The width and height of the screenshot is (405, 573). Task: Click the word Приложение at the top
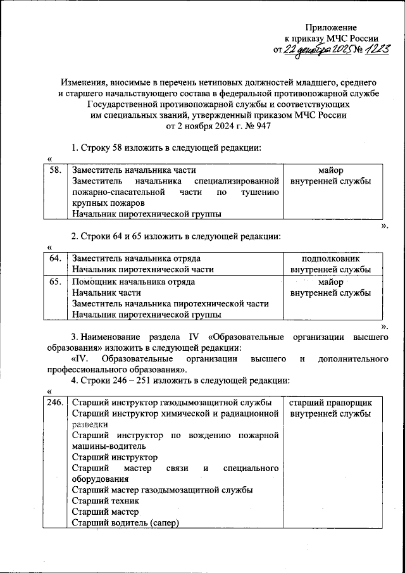coord(331,27)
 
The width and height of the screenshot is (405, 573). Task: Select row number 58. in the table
coord(56,170)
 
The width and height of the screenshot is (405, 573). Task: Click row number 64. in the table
coord(56,258)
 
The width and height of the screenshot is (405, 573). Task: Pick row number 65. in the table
coord(56,282)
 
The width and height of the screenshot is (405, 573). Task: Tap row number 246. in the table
coord(56,403)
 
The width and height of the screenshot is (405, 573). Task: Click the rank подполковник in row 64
coord(330,258)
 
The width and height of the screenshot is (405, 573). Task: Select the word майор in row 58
coord(330,170)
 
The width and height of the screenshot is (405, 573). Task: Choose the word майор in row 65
coord(330,282)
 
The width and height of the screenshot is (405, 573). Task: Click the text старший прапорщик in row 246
coord(330,403)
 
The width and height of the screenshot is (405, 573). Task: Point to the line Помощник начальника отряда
coord(133,282)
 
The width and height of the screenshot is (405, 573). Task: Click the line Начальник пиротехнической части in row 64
coord(142,269)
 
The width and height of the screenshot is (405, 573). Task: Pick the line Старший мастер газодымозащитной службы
coord(163,489)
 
